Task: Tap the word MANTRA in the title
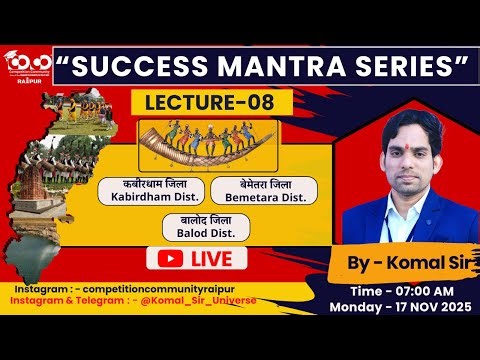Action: coord(273,67)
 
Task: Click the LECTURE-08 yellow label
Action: coord(218,102)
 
